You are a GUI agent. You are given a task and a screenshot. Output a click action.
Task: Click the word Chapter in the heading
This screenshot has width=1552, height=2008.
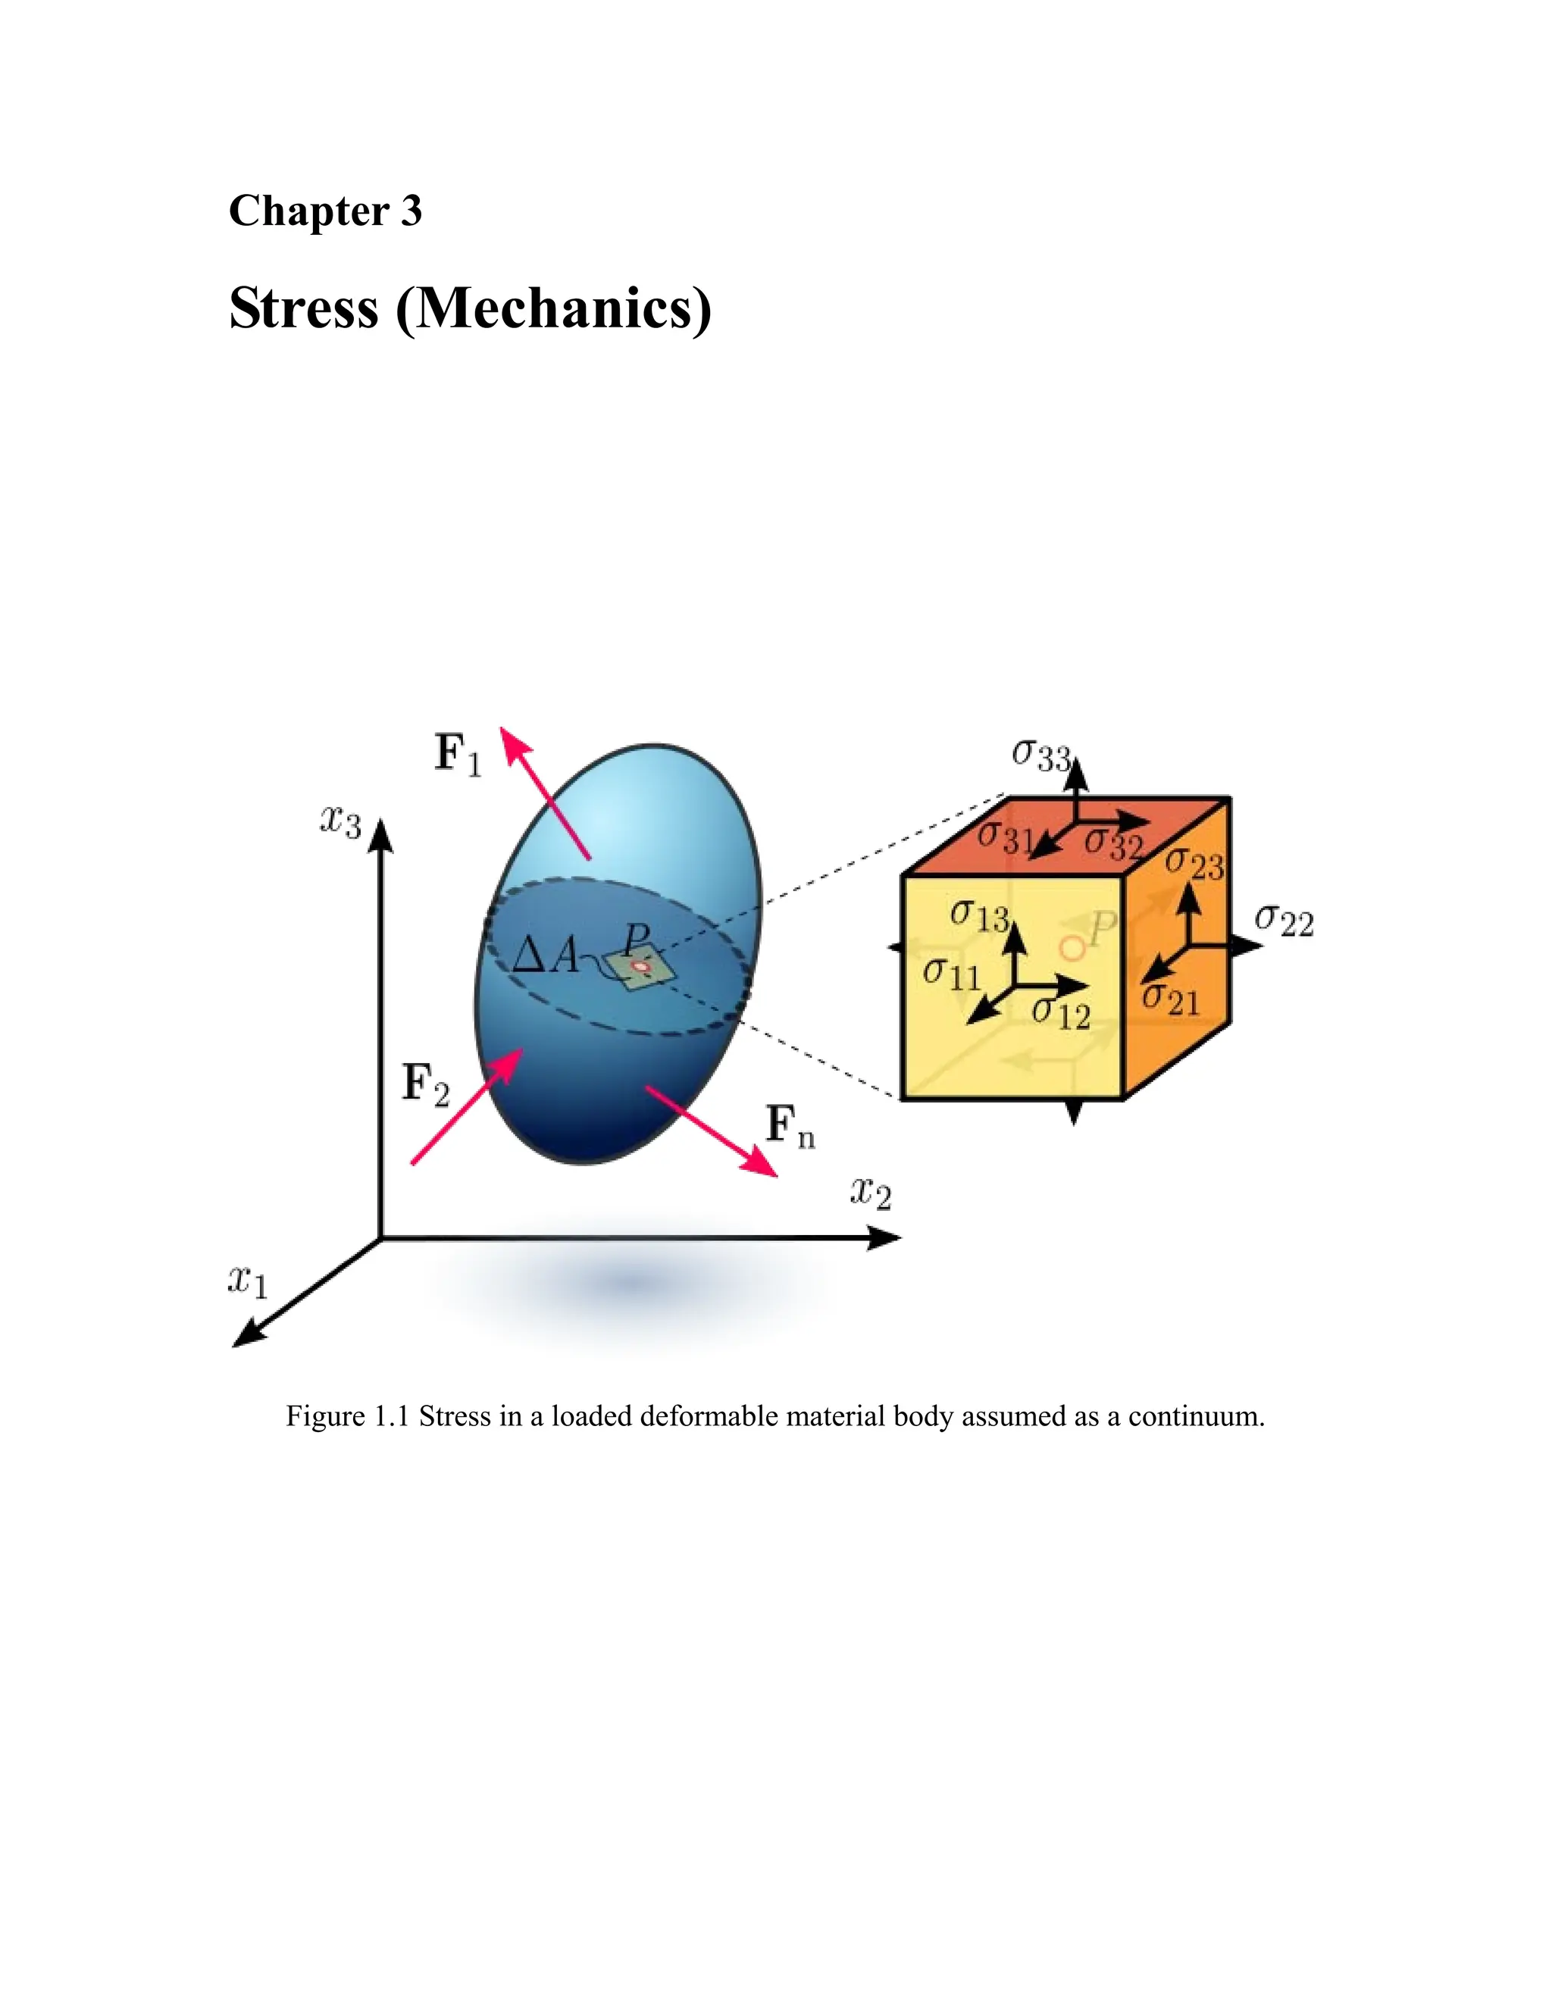pyautogui.click(x=308, y=211)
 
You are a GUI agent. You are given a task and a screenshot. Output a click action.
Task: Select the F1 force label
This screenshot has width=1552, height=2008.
pyautogui.click(x=457, y=755)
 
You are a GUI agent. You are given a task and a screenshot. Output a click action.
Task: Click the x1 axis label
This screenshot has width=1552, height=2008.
pyautogui.click(x=247, y=1280)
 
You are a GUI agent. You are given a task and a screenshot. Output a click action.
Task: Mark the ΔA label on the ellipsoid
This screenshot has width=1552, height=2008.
pyautogui.click(x=544, y=956)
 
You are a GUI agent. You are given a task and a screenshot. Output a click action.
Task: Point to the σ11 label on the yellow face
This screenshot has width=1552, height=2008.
pyautogui.click(x=952, y=974)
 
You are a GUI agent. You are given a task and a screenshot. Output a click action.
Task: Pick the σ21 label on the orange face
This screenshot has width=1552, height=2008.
pyautogui.click(x=1170, y=999)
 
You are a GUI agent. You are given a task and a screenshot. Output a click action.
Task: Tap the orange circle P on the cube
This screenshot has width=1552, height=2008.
pyautogui.click(x=1070, y=947)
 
